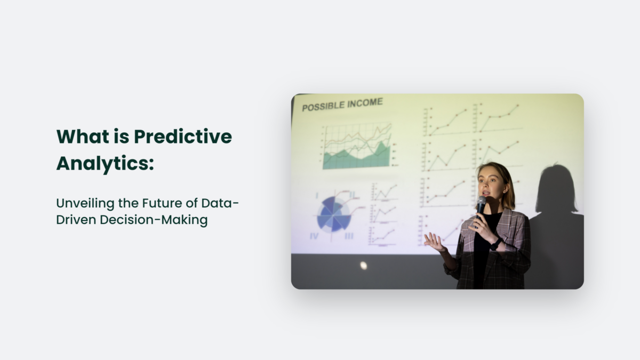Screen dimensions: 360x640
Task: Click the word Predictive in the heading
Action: [x=182, y=137]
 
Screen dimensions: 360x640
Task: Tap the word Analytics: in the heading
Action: [x=105, y=163]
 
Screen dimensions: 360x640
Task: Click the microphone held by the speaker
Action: [x=481, y=205]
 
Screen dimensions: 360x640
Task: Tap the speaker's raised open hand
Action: [x=434, y=243]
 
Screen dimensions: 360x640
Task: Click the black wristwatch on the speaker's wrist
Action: [x=496, y=244]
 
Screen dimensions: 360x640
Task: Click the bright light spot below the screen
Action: [x=363, y=265]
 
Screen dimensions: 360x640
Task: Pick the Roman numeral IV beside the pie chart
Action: [x=315, y=235]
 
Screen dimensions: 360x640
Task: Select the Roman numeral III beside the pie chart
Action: [x=349, y=236]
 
